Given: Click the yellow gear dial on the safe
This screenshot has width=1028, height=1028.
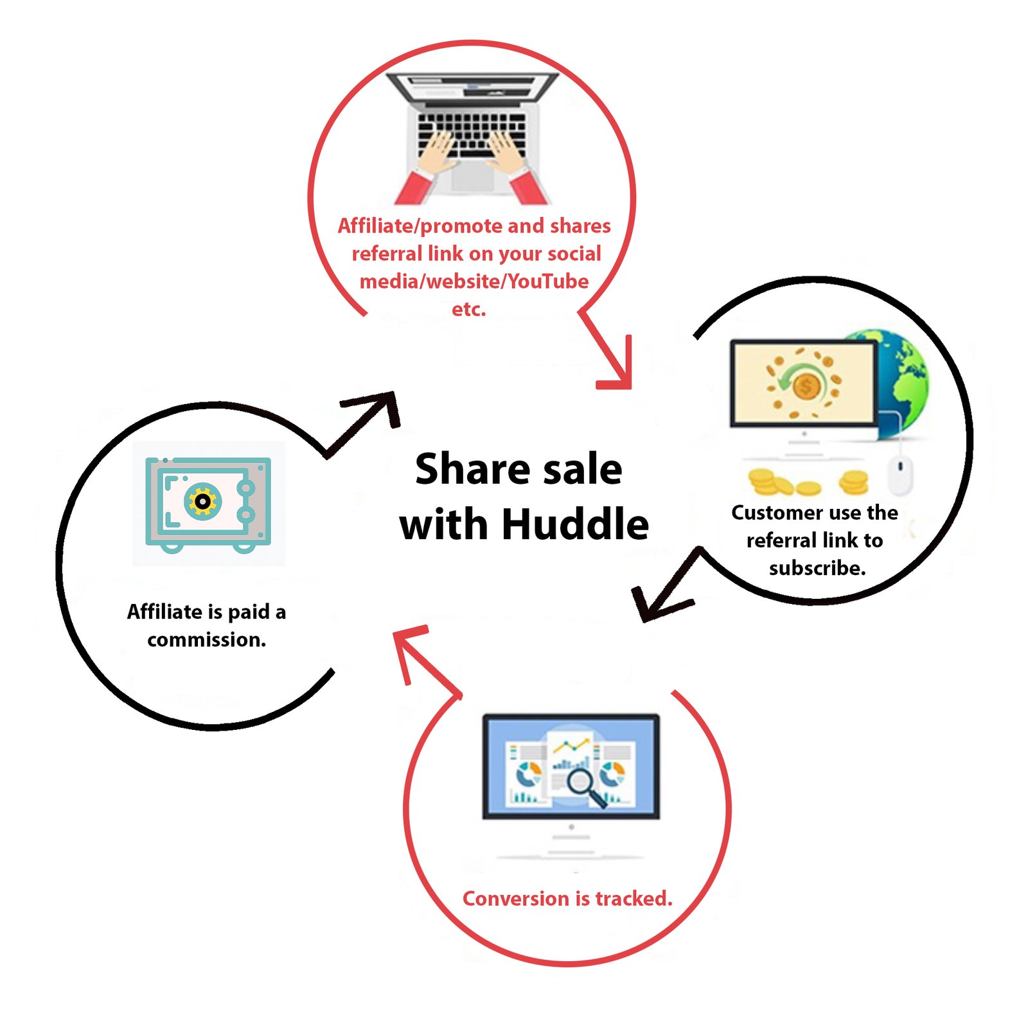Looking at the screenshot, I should tap(202, 501).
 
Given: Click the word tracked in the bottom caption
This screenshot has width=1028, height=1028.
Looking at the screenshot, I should tap(634, 898).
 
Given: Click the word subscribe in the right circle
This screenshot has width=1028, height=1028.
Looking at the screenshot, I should tap(817, 569).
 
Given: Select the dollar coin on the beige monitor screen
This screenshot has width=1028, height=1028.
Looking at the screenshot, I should tap(805, 387).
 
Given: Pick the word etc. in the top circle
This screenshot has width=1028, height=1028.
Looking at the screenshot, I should tap(468, 310).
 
